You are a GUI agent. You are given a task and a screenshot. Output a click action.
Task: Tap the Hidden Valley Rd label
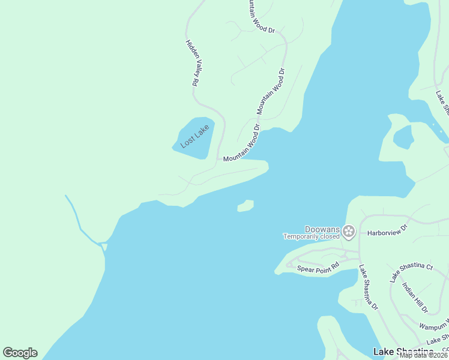pyautogui.click(x=191, y=64)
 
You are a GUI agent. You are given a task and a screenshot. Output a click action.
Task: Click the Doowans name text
pyautogui.click(x=322, y=230)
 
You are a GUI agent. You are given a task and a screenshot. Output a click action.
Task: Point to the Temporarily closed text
pyautogui.click(x=312, y=236)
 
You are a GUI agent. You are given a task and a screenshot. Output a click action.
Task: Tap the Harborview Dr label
pyautogui.click(x=387, y=229)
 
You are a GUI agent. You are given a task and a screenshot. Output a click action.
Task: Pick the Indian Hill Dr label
pyautogui.click(x=415, y=298)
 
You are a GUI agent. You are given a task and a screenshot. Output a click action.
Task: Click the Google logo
pyautogui.click(x=20, y=353)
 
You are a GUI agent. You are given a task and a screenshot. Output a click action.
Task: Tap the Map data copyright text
pyautogui.click(x=424, y=355)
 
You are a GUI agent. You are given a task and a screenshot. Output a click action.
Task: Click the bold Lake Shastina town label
pyautogui.click(x=403, y=352)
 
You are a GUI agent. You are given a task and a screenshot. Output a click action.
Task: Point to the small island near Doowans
pyautogui.click(x=246, y=206)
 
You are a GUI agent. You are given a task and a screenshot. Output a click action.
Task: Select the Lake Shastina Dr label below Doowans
pyautogui.click(x=368, y=288)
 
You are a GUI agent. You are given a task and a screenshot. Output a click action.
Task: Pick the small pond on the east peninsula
pyautogui.click(x=403, y=137)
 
